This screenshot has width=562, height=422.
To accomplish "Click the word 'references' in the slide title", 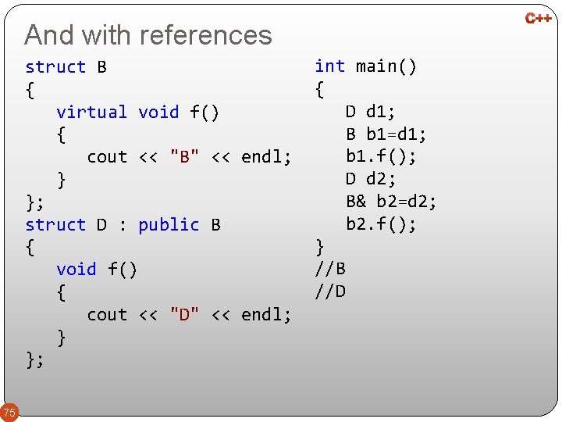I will [206, 35].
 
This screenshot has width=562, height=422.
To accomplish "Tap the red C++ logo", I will [538, 18].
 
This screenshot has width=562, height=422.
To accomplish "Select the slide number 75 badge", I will [9, 412].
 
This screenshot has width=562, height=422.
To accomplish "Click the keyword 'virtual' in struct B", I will [91, 113].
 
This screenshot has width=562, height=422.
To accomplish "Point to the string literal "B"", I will [184, 157].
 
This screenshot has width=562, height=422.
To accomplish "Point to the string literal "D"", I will [184, 315].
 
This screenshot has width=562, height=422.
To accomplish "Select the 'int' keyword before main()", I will [329, 66].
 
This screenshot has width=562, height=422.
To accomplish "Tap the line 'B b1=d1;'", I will [386, 134].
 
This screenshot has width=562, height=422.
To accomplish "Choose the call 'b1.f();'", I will [381, 157].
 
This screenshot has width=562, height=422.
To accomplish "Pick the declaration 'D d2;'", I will [371, 180].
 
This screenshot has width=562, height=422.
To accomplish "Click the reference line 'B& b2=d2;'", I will [391, 202].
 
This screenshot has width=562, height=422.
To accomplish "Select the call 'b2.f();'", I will [381, 225].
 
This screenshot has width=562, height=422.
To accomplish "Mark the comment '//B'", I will [330, 270].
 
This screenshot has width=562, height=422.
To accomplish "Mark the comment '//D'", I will [330, 292].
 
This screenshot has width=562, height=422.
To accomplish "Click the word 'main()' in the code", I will [386, 66].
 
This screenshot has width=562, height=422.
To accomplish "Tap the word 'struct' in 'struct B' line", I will [55, 67].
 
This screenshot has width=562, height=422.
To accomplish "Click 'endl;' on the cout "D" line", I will [266, 315].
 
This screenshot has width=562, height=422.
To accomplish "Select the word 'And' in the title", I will [49, 35].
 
